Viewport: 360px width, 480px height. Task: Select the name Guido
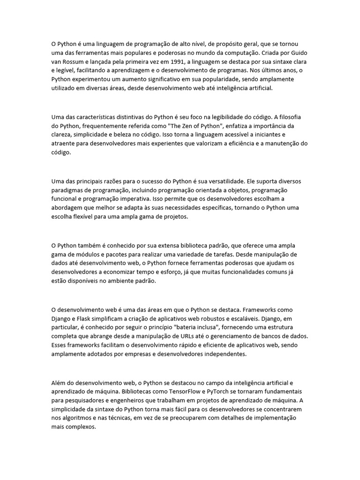pyautogui.click(x=298, y=52)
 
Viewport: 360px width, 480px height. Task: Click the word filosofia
pyautogui.click(x=294, y=118)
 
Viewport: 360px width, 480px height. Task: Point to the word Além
pyautogui.click(x=59, y=383)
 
